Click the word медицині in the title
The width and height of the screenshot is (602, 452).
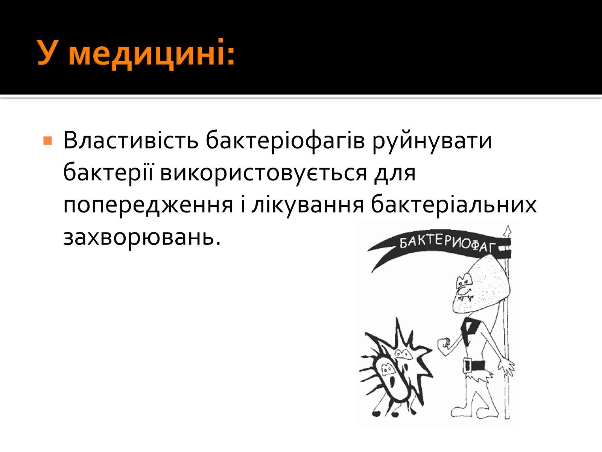[x=151, y=53]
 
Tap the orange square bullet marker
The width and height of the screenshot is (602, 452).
[x=47, y=140]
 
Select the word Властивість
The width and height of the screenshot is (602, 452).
[x=131, y=140]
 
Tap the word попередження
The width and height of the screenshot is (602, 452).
[x=148, y=206]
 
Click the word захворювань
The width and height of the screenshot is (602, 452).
[x=142, y=238]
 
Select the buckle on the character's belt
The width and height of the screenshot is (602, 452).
[x=467, y=365]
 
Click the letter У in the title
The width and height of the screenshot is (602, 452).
[x=48, y=52]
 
